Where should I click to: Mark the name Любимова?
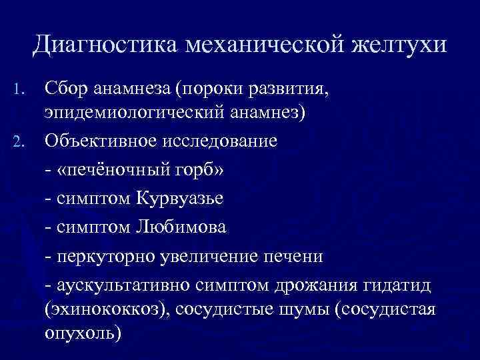[181, 227]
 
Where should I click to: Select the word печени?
[294, 256]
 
